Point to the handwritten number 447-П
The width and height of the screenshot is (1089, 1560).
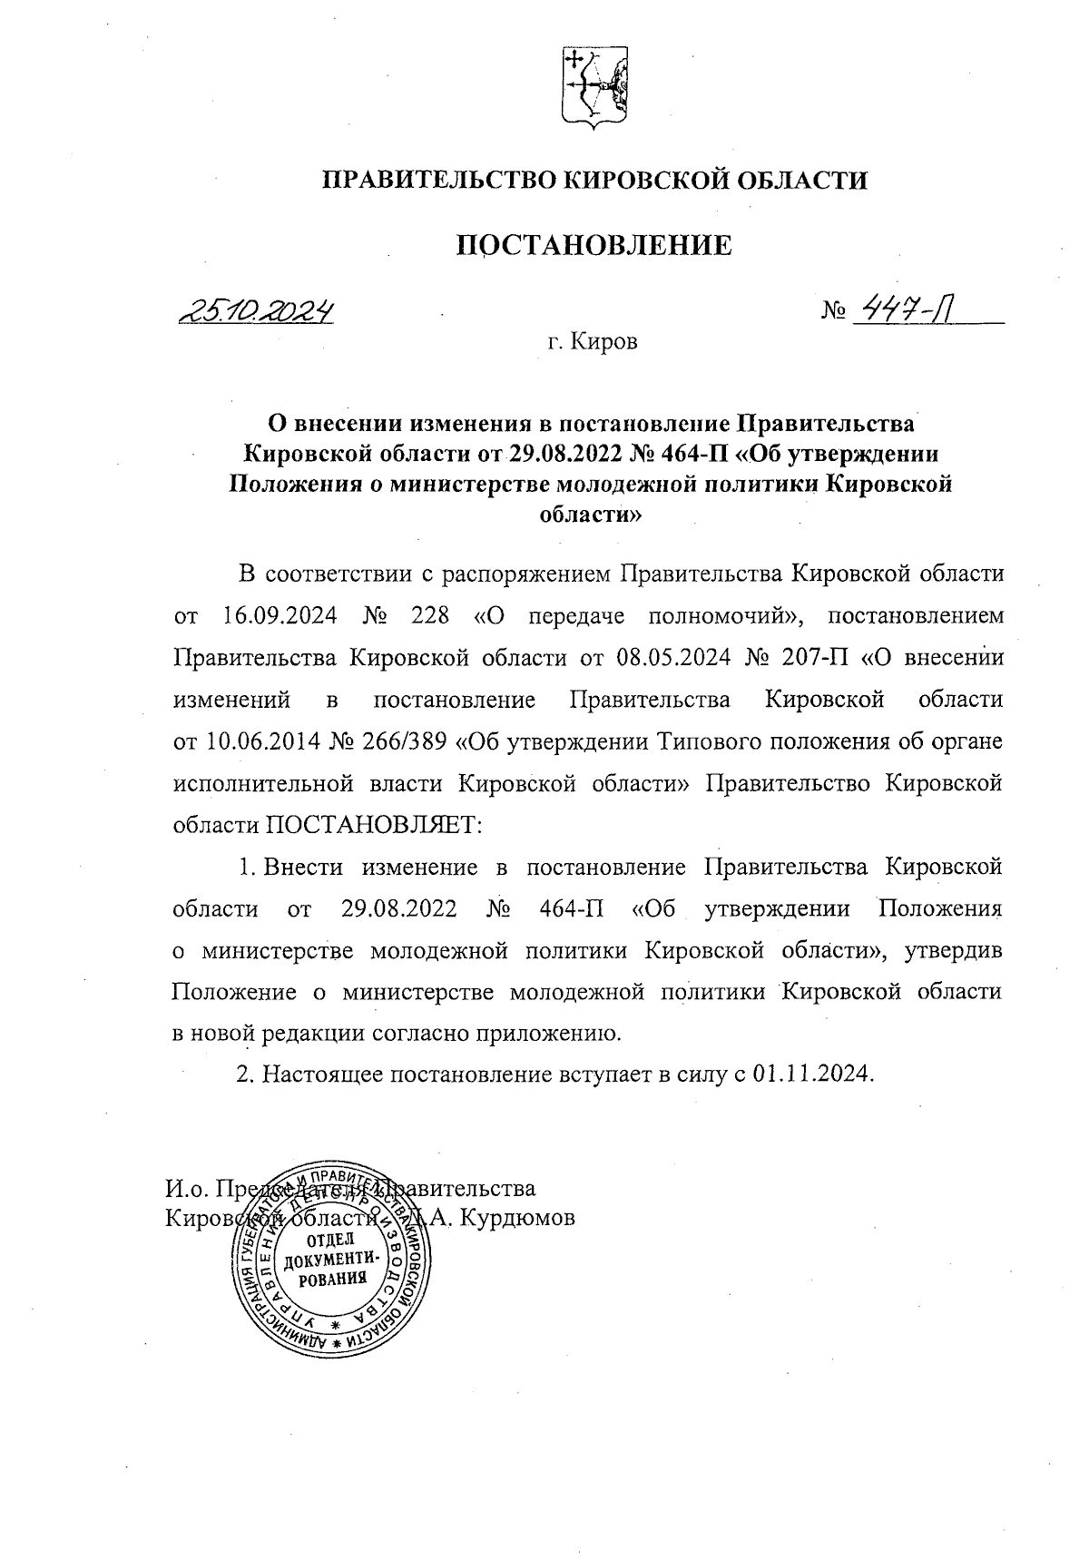tap(908, 311)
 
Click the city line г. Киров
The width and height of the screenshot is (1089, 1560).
tap(593, 342)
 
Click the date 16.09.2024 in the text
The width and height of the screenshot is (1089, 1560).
tap(280, 616)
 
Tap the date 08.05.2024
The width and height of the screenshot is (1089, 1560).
tap(672, 657)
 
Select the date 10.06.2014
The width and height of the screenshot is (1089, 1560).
tap(256, 741)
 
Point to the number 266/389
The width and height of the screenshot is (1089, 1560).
tap(402, 741)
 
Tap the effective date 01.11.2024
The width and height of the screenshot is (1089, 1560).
tap(812, 1074)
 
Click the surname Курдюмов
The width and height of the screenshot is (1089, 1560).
tap(517, 1219)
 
